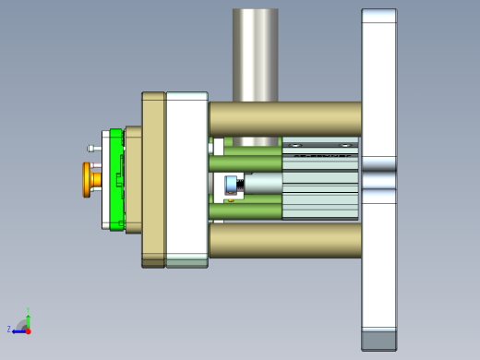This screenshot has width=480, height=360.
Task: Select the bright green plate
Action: coord(116,180)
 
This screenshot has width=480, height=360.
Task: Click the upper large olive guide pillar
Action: coord(284,119)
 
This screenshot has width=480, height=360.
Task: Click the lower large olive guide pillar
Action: coord(284,240)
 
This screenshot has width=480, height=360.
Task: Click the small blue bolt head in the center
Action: coord(234,186)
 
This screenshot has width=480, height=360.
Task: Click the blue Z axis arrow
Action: coord(19,330)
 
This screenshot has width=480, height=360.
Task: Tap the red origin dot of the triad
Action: coord(28,330)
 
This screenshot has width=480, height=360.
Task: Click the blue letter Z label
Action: coord(9,329)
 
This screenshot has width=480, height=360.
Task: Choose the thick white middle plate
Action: coord(186,179)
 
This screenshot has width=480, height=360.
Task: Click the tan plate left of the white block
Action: coord(153,179)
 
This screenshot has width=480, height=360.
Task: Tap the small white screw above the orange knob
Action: coord(93,148)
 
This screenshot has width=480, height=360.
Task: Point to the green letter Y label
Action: coord(29,310)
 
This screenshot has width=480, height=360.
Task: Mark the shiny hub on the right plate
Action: coord(378,179)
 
